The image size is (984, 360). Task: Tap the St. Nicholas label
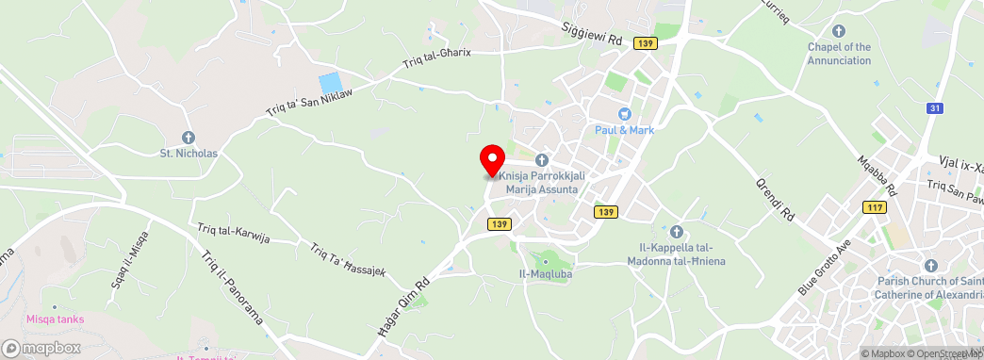point(188,153)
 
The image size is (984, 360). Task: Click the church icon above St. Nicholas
point(188,138)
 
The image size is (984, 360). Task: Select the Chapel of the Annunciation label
point(839,54)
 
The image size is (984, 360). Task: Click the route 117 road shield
point(874,207)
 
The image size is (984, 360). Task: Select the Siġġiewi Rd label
point(593,35)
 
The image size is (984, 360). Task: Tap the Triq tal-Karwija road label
point(234,233)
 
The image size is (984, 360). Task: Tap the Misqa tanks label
point(55,319)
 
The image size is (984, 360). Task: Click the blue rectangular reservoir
point(330,83)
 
